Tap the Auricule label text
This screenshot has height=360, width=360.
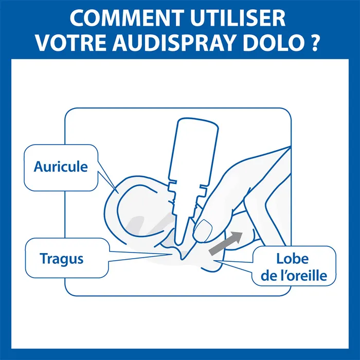point(61,167)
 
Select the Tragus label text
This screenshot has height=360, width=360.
point(61,258)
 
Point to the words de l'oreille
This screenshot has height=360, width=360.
point(293,276)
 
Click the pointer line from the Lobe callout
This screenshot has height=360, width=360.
point(237,263)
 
